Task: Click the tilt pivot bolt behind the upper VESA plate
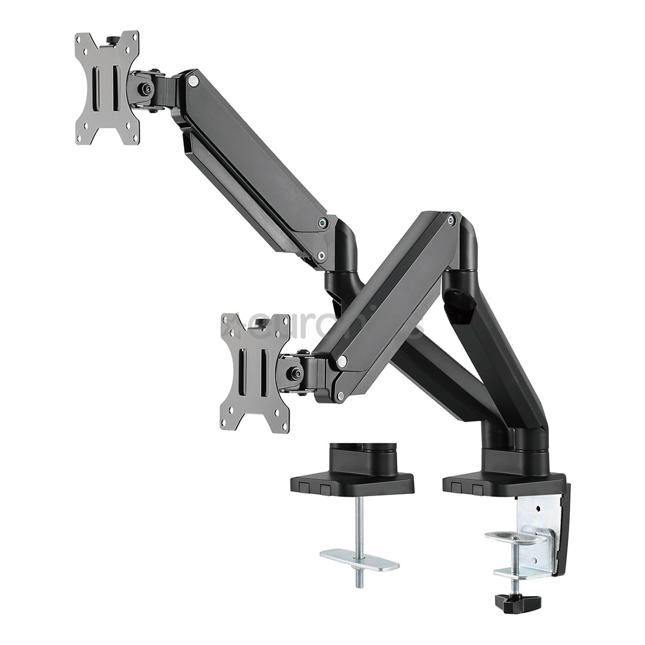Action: click(144, 89)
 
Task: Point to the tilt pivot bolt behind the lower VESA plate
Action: click(293, 373)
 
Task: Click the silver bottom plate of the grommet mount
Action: click(359, 560)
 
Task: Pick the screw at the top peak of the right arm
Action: click(451, 220)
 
